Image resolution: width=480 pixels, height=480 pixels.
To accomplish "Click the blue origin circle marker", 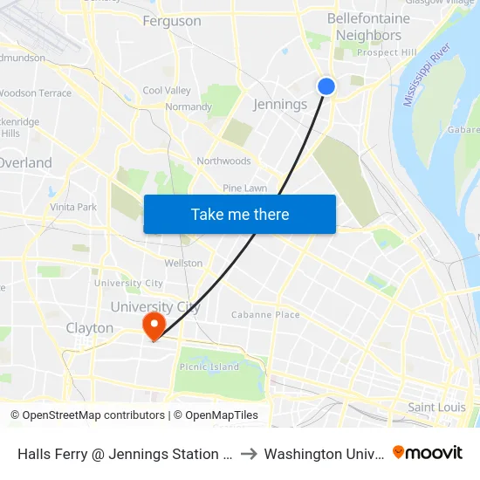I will (326, 86).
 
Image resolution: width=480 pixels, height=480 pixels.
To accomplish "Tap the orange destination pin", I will (154, 325).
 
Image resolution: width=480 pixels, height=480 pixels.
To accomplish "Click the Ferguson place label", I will (171, 21).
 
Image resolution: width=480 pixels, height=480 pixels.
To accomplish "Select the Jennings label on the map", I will (279, 105).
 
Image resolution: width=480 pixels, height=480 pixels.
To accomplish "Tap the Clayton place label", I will (90, 328).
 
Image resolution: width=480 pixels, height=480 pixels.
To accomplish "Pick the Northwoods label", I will (223, 161).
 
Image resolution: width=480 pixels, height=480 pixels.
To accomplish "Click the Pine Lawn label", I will (244, 188).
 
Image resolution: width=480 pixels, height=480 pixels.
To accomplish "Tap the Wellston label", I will (183, 263).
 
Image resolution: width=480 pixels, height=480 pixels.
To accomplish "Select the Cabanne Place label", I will (265, 315).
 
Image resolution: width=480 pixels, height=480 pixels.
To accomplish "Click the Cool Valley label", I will (167, 91).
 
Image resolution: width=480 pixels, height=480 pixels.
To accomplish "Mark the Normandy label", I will (189, 107).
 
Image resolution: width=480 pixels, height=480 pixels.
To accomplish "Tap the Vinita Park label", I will (73, 208).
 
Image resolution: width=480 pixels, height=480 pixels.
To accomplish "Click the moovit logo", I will (428, 453).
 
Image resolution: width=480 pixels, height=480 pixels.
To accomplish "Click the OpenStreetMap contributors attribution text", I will (87, 415).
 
